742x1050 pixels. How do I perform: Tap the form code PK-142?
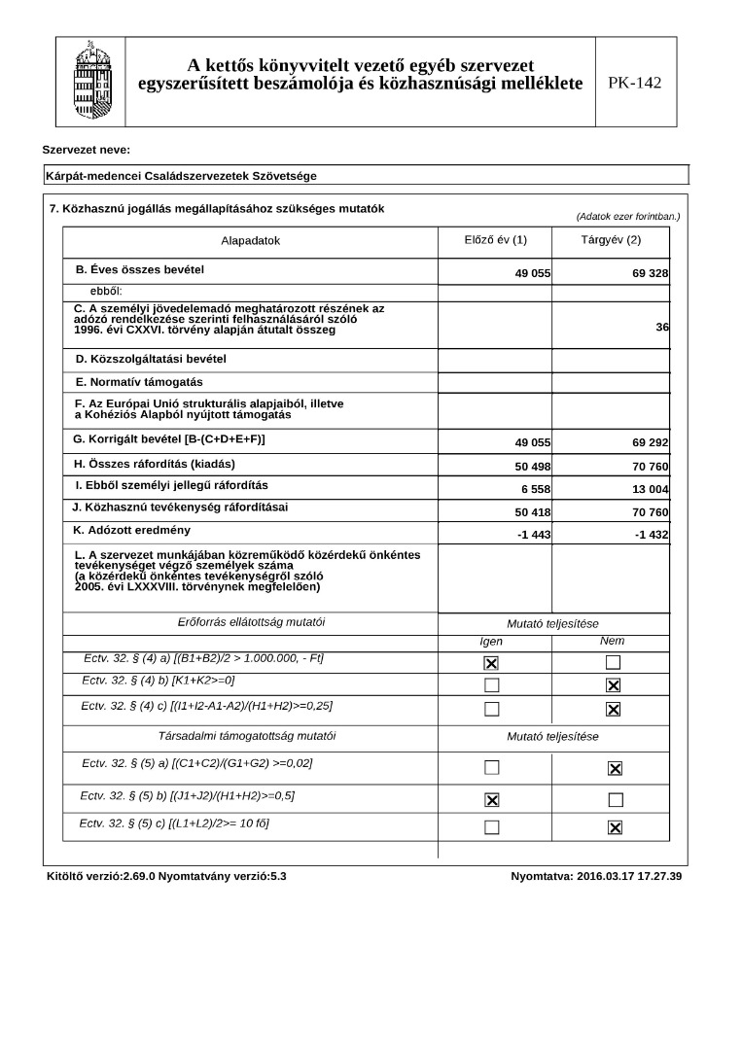[634, 83]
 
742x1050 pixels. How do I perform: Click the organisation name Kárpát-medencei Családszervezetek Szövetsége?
[181, 176]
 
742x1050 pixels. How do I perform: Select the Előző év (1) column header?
[495, 239]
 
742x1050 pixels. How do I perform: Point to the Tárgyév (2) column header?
[611, 239]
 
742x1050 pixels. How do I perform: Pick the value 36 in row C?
[662, 328]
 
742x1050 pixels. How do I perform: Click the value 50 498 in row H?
[533, 467]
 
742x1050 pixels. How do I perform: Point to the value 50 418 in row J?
[533, 512]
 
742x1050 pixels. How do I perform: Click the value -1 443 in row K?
[534, 536]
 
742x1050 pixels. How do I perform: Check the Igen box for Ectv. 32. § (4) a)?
[492, 663]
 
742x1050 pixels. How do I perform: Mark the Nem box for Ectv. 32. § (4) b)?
[614, 685]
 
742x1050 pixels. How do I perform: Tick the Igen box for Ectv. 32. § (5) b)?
[492, 800]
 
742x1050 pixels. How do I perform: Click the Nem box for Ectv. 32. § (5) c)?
[615, 827]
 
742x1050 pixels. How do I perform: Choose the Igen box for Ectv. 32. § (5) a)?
[492, 768]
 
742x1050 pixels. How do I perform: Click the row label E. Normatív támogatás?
[139, 382]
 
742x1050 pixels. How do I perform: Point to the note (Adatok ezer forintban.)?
[627, 216]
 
